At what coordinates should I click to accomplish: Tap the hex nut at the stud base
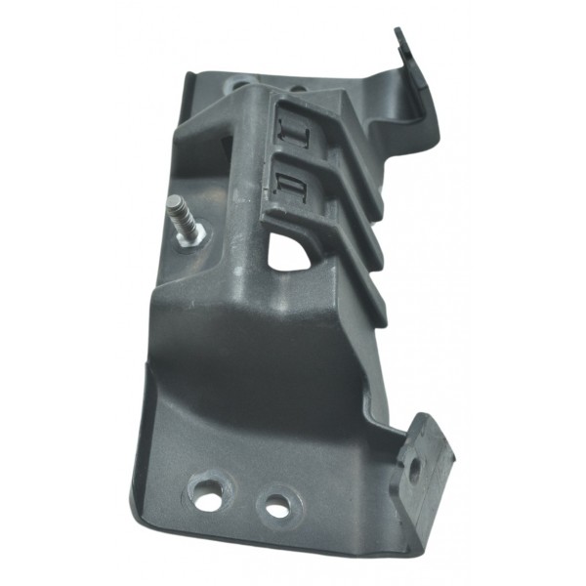click(x=193, y=234)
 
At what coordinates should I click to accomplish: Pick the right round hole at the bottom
click(x=277, y=507)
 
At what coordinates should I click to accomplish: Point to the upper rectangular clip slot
click(x=296, y=129)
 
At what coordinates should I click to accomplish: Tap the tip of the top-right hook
click(x=399, y=33)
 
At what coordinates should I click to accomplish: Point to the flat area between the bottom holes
click(x=243, y=502)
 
